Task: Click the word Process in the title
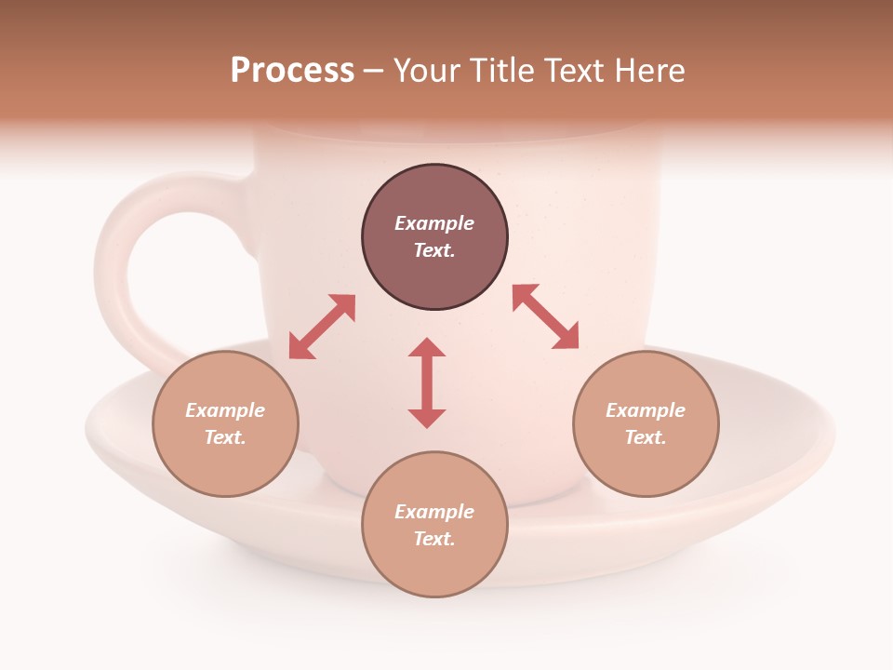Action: pyautogui.click(x=292, y=71)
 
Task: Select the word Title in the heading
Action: pyautogui.click(x=500, y=71)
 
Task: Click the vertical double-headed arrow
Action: pyautogui.click(x=427, y=382)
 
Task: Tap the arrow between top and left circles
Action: pyautogui.click(x=322, y=327)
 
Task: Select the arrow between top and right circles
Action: pyautogui.click(x=546, y=316)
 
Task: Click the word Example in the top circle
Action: pyautogui.click(x=434, y=223)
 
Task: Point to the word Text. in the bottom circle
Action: pyautogui.click(x=434, y=539)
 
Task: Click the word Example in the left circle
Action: pyautogui.click(x=225, y=410)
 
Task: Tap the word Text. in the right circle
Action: pyautogui.click(x=646, y=437)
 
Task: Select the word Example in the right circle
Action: pyautogui.click(x=646, y=410)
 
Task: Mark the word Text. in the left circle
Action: pyautogui.click(x=225, y=437)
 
